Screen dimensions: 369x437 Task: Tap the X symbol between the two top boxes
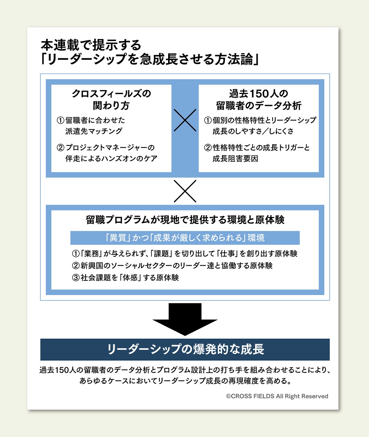(185, 120)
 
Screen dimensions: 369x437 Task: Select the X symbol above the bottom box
(185, 191)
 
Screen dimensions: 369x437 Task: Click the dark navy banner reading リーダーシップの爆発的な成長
(185, 349)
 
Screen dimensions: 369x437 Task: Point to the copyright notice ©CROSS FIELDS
(277, 396)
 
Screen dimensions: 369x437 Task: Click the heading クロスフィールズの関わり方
(111, 99)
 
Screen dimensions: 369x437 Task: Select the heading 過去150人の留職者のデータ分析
(258, 99)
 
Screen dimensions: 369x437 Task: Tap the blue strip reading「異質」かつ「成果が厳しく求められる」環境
(185, 238)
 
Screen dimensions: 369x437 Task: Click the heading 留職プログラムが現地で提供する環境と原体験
(185, 220)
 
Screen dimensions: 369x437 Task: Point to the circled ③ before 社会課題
(76, 278)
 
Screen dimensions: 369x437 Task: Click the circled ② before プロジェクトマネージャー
(60, 148)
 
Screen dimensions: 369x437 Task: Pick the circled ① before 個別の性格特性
(208, 120)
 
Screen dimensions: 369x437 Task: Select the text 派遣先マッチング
(94, 131)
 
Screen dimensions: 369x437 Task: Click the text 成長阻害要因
(235, 159)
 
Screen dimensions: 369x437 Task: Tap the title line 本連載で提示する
(91, 45)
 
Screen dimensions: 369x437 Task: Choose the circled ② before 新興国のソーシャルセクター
(76, 265)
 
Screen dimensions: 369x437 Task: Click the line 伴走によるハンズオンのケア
(111, 159)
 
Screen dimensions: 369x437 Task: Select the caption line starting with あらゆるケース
(185, 381)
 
